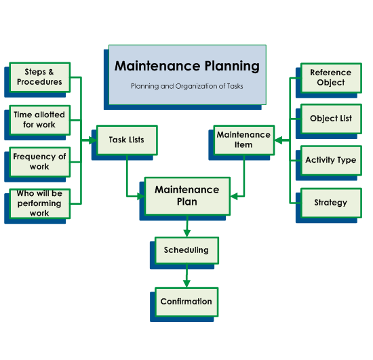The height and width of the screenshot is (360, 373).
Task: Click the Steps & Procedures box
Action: coord(39,77)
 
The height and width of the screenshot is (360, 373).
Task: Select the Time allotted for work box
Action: coord(39,120)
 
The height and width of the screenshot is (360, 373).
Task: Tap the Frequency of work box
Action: coord(39,161)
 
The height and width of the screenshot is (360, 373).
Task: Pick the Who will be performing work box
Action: coord(39,203)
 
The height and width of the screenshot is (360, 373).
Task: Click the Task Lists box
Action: coord(127,140)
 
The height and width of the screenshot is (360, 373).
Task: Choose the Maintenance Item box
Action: coord(243,140)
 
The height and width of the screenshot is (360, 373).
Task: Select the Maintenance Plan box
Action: coord(187,196)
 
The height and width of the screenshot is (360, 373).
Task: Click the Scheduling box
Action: coord(186,250)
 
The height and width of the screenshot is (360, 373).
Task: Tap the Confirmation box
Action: coord(186,302)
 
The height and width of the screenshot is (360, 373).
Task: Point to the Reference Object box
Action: coord(331,78)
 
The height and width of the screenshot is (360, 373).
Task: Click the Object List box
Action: coord(331,119)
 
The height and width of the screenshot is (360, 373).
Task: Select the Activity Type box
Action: coord(331,161)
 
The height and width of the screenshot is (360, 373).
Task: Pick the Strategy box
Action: coord(331,203)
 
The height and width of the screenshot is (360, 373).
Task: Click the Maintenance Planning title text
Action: coord(187,66)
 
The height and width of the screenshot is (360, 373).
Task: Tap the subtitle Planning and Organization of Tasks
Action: coord(187,86)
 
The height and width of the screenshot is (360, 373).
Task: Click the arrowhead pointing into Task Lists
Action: coord(93,141)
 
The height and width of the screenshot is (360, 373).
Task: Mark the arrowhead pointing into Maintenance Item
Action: coord(278,141)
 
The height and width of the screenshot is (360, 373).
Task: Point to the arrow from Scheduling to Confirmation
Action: coord(186,276)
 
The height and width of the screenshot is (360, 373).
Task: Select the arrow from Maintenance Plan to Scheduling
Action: coord(186,227)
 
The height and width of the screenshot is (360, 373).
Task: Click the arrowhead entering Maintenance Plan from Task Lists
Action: coord(141,196)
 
